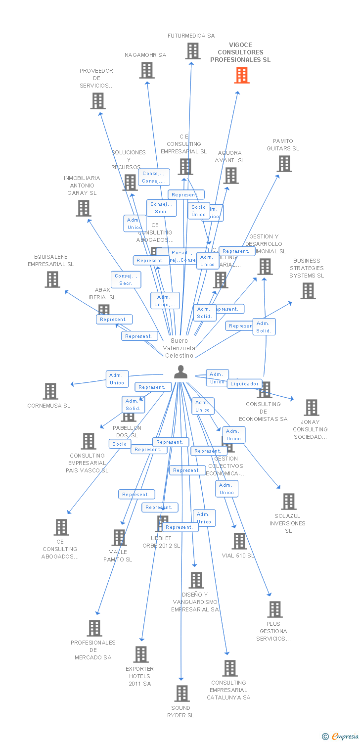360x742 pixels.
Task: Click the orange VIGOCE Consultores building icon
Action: [x=242, y=75]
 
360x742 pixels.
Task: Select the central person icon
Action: [x=181, y=372]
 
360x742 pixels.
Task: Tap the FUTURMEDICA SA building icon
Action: [x=192, y=51]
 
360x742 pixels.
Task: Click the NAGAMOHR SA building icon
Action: [x=146, y=70]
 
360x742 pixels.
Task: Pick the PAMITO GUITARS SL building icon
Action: [x=284, y=164]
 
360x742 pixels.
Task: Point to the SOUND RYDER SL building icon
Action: [x=181, y=693]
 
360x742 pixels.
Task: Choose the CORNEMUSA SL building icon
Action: [x=50, y=391]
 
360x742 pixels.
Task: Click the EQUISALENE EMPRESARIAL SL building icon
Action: [x=52, y=279]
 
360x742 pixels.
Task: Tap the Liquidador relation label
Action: [x=244, y=383]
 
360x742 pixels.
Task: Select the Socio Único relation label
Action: [x=198, y=211]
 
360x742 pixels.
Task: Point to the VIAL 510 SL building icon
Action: [x=239, y=541]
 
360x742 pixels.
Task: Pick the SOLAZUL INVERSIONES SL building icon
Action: [x=288, y=502]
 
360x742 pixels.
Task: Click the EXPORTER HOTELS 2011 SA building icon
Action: [x=140, y=654]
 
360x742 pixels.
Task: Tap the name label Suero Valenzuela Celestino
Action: [x=180, y=348]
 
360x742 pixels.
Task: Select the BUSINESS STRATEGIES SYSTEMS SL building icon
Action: [x=308, y=291]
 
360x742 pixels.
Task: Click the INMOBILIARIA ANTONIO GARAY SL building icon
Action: [x=83, y=208]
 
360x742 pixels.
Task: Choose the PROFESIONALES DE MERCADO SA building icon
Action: [x=94, y=628]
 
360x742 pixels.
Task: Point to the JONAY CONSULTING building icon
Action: [x=311, y=408]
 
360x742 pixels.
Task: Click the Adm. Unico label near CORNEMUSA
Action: [x=117, y=379]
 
